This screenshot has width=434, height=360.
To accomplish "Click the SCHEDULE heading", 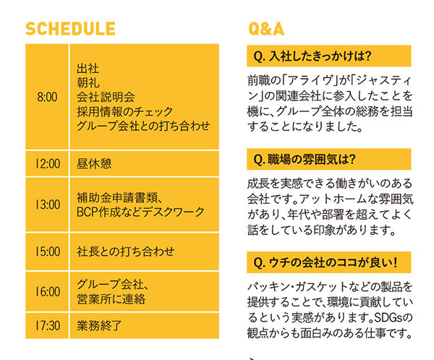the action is coord(70,29).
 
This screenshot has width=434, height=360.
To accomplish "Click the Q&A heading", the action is coord(266,29).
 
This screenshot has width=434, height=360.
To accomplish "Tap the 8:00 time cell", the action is coord(47,97).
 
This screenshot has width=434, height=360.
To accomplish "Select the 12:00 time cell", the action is coord(47,163).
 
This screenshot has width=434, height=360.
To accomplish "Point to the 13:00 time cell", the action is coord(47,205).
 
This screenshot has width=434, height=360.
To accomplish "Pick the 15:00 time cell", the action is coord(47,252).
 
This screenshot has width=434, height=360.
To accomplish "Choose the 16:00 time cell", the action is coord(47,291).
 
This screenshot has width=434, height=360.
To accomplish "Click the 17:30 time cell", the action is coord(47,326).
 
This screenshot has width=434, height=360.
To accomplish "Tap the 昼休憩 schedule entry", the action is coord(94,163).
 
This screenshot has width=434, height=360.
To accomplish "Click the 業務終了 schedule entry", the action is coord(99,326).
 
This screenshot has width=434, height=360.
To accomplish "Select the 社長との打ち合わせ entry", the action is coord(126,252).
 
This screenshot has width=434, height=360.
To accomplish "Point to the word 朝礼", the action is coord(88,82).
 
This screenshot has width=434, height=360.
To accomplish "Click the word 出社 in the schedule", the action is coord(88,69).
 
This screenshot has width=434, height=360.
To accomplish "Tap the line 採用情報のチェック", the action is coord(125,111).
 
